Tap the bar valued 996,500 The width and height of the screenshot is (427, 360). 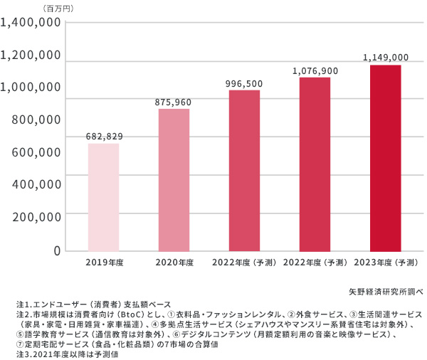point(244,171)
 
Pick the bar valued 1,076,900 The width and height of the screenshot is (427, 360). point(315,164)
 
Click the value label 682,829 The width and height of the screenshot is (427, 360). point(103,136)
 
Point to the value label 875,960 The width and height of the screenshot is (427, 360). point(173,102)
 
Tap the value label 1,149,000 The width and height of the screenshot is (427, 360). point(385,57)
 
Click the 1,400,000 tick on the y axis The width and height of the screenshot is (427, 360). point(31,23)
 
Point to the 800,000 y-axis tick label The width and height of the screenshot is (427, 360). point(36,120)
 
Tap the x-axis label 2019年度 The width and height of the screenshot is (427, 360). point(103,263)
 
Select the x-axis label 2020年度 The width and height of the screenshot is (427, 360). point(174,263)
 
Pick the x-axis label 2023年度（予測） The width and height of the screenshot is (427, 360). point(385,263)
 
